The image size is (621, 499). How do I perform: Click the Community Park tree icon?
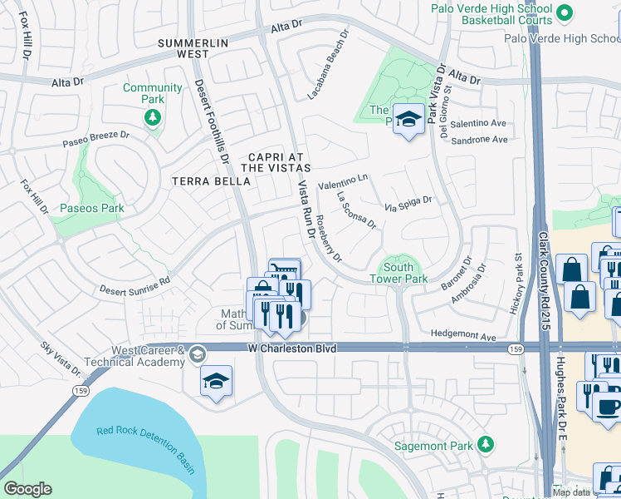[x=152, y=117]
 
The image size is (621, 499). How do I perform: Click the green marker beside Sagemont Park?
[x=487, y=446]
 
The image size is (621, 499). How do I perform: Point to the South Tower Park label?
[x=404, y=273]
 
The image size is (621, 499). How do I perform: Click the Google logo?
[x=27, y=488]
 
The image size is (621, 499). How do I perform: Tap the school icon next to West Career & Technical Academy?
[x=197, y=355]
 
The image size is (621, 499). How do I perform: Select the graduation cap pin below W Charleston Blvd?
[x=217, y=381]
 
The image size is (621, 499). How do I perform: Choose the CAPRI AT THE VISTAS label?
[x=268, y=162]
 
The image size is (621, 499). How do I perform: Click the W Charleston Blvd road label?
[x=292, y=348]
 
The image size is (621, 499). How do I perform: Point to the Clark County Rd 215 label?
[x=545, y=274]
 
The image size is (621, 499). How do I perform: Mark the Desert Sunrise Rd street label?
[x=135, y=284]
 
